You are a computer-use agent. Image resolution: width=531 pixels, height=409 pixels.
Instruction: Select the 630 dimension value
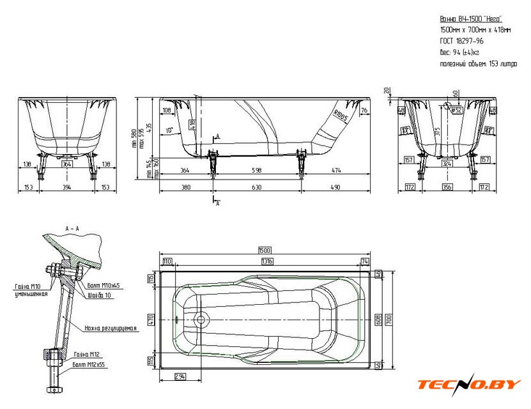click(256, 187)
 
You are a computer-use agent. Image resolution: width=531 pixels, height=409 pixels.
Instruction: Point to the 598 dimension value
click(256, 169)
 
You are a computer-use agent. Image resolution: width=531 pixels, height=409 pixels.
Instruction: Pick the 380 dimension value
click(185, 187)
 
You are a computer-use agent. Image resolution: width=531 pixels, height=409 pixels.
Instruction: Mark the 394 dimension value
click(66, 187)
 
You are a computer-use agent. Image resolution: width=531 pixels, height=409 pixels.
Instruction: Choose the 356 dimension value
click(447, 187)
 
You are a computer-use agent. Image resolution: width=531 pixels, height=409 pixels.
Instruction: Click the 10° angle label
click(169, 130)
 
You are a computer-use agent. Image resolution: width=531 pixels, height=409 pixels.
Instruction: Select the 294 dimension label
click(180, 377)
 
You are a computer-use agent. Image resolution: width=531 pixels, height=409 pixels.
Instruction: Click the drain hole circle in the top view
click(200, 318)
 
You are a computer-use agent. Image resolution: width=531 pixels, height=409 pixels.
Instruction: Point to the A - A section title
click(72, 228)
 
